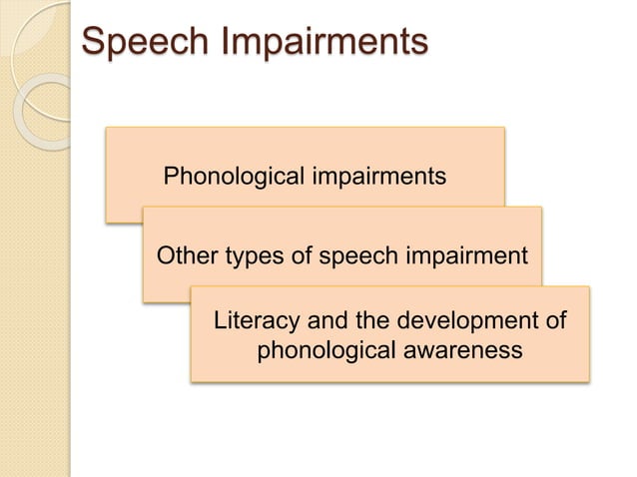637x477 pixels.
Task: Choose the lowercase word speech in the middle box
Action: click(355, 255)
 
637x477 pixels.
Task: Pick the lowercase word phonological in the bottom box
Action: click(325, 351)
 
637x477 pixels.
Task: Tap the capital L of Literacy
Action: click(222, 322)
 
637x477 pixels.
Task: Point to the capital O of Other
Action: click(167, 255)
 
